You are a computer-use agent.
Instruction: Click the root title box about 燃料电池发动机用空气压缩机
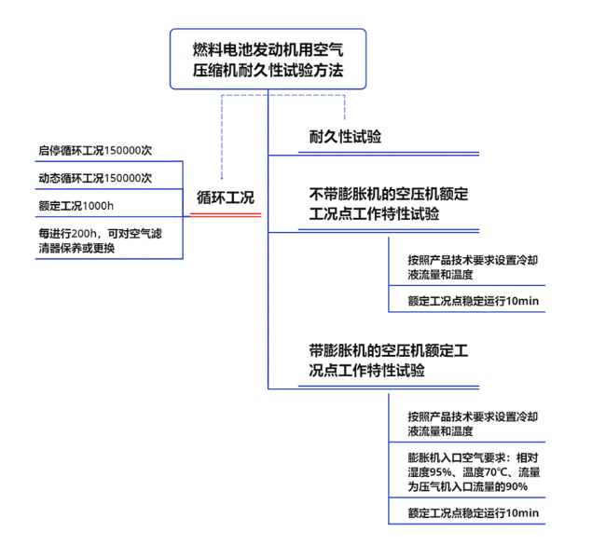click(x=268, y=59)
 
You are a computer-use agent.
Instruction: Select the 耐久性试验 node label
click(x=345, y=137)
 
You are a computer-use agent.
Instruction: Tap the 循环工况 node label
click(x=226, y=198)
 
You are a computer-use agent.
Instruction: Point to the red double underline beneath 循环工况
click(x=226, y=215)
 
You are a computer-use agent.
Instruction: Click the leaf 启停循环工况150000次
click(x=95, y=151)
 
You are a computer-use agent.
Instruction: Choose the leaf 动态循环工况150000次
click(x=95, y=178)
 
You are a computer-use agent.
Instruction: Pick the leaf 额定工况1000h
click(x=76, y=206)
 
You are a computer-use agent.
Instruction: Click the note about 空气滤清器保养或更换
click(x=100, y=240)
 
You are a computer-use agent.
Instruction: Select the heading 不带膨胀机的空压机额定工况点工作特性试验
click(x=389, y=204)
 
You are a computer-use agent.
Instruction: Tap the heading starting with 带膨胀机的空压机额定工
click(x=389, y=361)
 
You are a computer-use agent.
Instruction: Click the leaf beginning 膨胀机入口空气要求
click(x=474, y=472)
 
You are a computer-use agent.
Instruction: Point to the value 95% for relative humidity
click(x=440, y=472)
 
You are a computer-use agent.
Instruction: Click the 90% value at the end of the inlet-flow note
click(x=516, y=487)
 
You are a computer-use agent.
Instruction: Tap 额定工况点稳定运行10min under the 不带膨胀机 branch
click(x=474, y=301)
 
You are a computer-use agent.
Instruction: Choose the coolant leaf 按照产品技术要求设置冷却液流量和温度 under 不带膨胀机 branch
click(x=473, y=267)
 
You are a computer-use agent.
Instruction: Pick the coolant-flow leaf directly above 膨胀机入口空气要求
click(x=473, y=424)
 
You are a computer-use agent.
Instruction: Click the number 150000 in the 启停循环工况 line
click(x=122, y=151)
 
